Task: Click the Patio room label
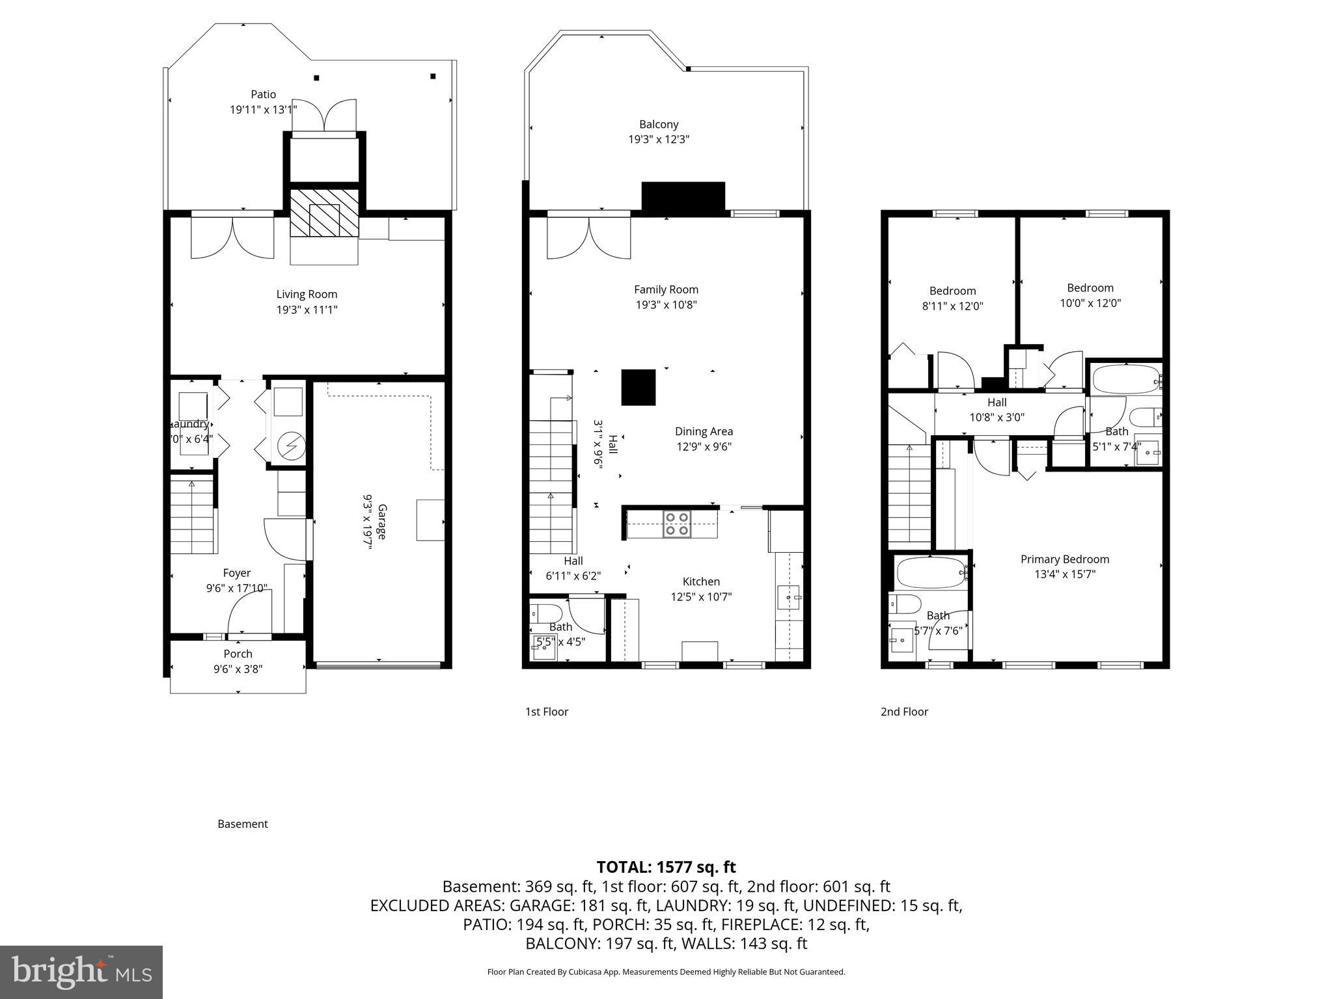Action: click(263, 94)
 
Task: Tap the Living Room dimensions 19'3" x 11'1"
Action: click(307, 310)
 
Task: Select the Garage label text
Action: click(382, 522)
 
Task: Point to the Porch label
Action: click(238, 654)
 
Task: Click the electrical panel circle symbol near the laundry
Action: click(287, 446)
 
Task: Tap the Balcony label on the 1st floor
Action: click(658, 124)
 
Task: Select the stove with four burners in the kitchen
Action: click(676, 524)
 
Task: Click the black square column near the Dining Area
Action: click(638, 388)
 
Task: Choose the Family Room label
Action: click(666, 289)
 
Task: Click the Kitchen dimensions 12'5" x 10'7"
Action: click(701, 596)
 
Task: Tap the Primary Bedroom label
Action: click(1064, 559)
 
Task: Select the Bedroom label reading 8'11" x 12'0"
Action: click(952, 306)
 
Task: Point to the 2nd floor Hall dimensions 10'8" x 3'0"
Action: click(996, 418)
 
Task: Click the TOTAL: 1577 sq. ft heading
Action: click(666, 867)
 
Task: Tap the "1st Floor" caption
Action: click(547, 712)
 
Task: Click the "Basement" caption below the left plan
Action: click(242, 824)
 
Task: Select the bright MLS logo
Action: click(81, 972)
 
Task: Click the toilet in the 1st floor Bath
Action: click(547, 613)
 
